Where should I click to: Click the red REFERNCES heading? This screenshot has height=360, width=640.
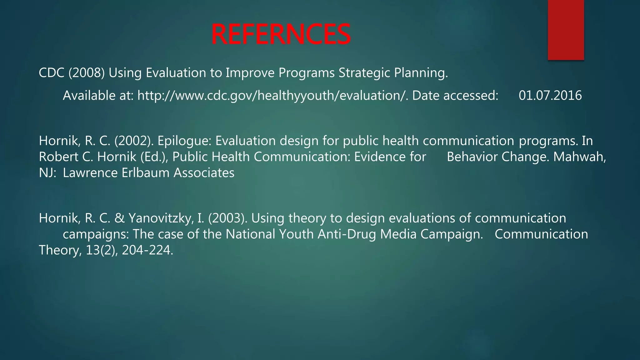(x=281, y=34)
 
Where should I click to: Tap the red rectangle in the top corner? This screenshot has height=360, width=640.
(x=566, y=30)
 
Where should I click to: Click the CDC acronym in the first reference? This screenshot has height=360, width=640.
(x=51, y=73)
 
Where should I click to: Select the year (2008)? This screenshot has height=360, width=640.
(x=87, y=73)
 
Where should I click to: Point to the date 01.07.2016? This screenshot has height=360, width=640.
(x=550, y=96)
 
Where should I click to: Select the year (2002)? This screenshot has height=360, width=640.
(x=134, y=141)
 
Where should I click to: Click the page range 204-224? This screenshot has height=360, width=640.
(x=147, y=250)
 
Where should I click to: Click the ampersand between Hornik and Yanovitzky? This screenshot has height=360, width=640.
(x=119, y=218)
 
